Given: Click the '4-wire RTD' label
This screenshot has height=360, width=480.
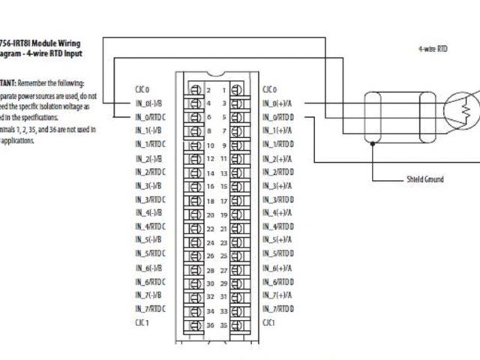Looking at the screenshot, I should click(x=433, y=48).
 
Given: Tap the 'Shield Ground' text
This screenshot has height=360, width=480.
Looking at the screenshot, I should click(x=424, y=179).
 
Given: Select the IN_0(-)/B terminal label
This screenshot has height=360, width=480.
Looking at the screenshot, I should click(x=150, y=103).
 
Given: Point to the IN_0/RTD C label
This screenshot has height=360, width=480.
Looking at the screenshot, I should click(x=151, y=117).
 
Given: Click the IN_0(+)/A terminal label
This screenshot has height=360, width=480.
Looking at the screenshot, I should click(x=278, y=103).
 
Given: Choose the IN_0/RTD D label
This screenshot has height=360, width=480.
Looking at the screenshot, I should click(x=279, y=117).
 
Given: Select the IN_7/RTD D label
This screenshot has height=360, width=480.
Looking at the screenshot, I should click(x=279, y=309).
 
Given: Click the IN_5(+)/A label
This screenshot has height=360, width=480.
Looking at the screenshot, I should click(x=278, y=240).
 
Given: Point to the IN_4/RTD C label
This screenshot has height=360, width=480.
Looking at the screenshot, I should click(x=151, y=226).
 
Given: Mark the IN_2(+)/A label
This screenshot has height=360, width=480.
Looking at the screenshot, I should click(x=278, y=158).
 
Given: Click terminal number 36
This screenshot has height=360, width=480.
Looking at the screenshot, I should click(x=211, y=325).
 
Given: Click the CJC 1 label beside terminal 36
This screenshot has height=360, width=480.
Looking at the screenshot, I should click(x=142, y=322).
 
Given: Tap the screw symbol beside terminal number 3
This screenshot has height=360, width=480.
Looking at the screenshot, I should click(x=236, y=103).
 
